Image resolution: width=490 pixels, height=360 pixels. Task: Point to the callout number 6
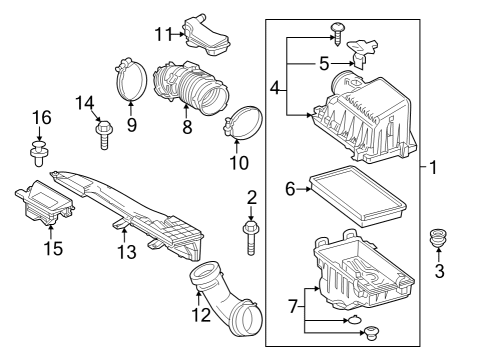pos(290,187)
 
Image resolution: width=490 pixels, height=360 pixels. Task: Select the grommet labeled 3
pos(436,241)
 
